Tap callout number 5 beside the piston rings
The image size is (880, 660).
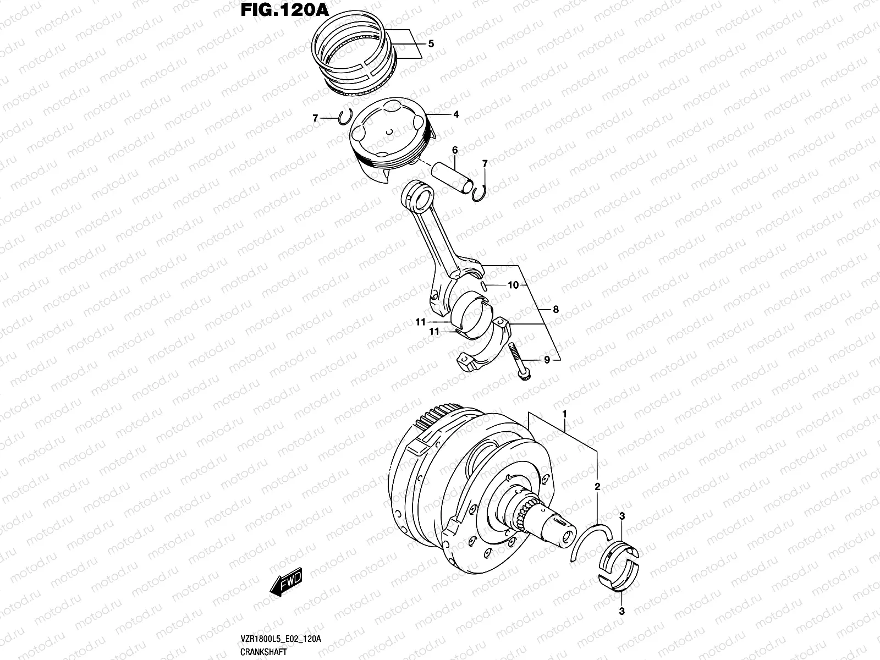(x=431, y=44)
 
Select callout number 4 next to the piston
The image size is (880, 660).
(x=456, y=115)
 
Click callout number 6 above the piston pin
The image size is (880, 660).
(x=455, y=150)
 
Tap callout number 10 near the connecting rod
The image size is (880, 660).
(x=513, y=285)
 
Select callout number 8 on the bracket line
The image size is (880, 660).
(x=555, y=310)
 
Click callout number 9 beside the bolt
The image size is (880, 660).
(x=547, y=360)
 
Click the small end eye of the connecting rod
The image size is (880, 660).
(x=419, y=195)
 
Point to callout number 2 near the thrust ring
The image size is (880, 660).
(x=597, y=487)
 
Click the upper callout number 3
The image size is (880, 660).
(x=621, y=515)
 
